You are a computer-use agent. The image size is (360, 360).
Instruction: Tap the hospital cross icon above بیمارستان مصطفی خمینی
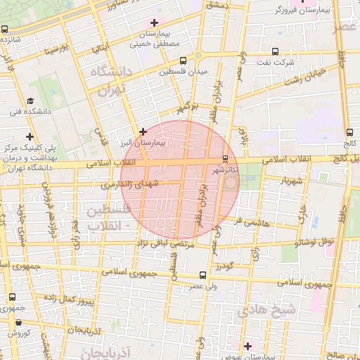154,23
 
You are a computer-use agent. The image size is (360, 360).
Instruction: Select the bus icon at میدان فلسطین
183,61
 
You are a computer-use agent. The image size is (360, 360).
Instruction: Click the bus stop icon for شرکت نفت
274,51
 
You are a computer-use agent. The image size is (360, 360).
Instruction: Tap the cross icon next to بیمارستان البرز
143,131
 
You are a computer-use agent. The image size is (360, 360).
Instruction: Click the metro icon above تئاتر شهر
225,157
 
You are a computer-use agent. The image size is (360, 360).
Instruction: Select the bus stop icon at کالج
350,131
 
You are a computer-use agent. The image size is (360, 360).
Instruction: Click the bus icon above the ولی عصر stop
202,275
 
